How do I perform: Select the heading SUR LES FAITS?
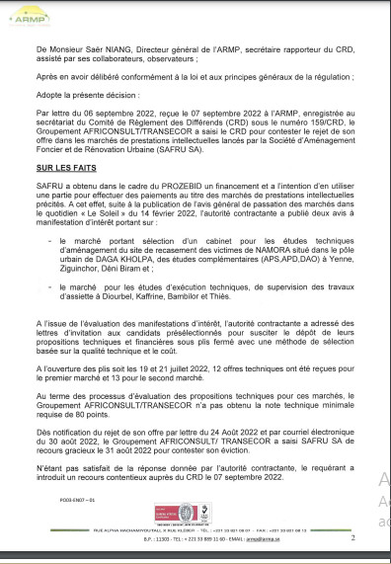tap(63, 171)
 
